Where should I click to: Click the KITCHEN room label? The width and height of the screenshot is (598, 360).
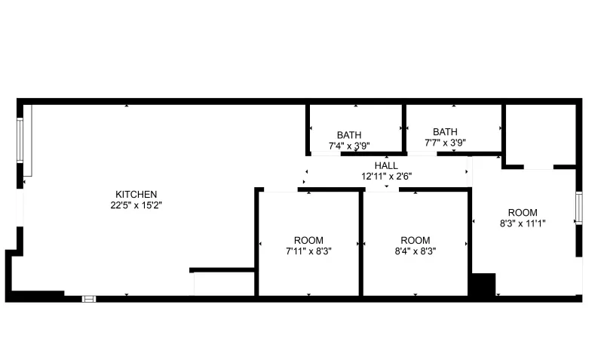click(136, 194)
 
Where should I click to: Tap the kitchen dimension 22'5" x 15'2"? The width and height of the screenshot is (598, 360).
click(136, 205)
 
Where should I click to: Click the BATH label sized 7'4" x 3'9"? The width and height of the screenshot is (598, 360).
click(349, 135)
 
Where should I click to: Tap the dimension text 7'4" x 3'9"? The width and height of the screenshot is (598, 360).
click(349, 146)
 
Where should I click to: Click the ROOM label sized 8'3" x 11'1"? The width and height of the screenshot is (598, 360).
click(523, 212)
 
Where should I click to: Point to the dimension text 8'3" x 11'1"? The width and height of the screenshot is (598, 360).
click(523, 223)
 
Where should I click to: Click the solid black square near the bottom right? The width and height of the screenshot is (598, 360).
click(481, 285)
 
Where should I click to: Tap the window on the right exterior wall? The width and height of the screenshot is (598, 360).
click(579, 208)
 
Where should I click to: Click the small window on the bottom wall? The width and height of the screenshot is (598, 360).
click(89, 298)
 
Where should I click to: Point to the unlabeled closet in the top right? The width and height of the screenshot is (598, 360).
click(539, 134)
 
